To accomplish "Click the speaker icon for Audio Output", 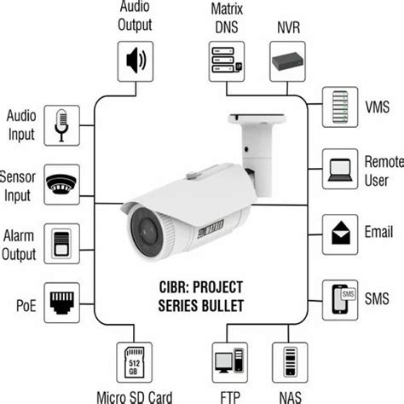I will point(136,61).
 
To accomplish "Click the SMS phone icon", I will point(339,300).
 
